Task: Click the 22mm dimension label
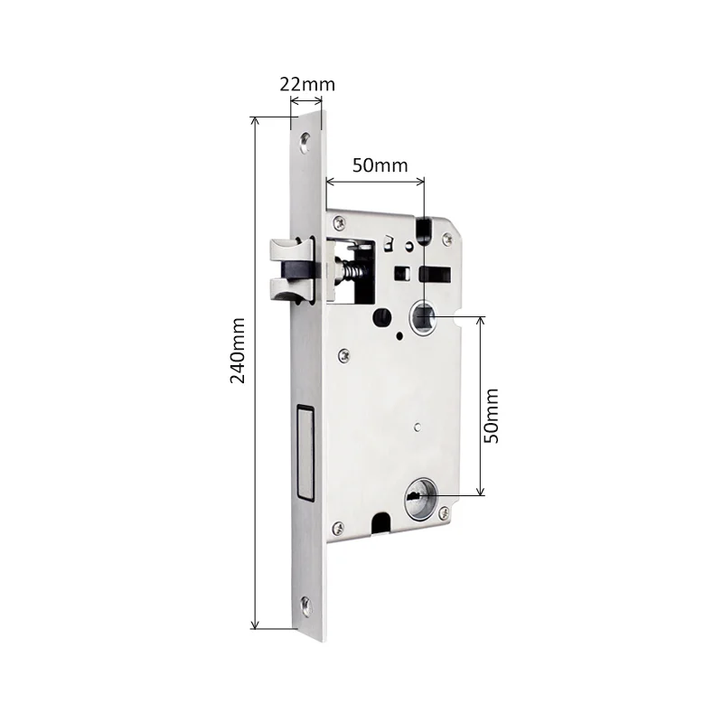point(307,84)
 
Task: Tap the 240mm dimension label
point(238,351)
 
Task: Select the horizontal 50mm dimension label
point(380,165)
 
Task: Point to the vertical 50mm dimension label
point(491,416)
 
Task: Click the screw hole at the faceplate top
point(305,143)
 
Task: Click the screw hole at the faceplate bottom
point(306,606)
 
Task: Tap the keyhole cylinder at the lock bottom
point(420,497)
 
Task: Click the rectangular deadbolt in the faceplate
point(305,453)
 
